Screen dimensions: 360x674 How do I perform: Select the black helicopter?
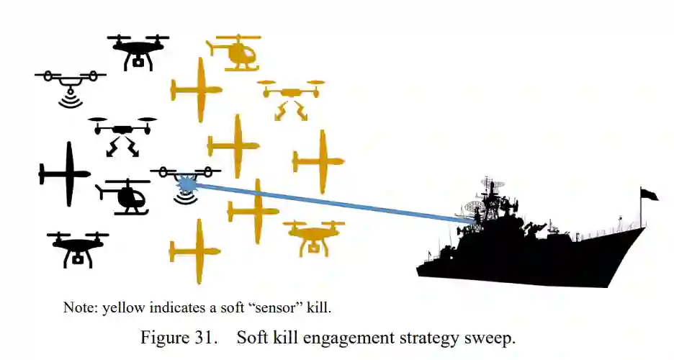pyautogui.click(x=125, y=197)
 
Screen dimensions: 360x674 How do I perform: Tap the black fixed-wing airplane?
pyautogui.click(x=66, y=174)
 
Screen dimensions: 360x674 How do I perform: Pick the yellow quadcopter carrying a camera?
pyautogui.click(x=314, y=237)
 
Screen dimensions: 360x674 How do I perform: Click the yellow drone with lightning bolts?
pyautogui.click(x=291, y=98)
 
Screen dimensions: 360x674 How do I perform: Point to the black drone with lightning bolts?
pyautogui.click(x=122, y=135)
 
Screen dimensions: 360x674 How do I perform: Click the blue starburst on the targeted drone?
pyautogui.click(x=187, y=184)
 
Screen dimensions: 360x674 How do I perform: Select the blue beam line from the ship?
pyautogui.click(x=324, y=201)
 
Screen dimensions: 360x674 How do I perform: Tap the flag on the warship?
pyautogui.click(x=649, y=194)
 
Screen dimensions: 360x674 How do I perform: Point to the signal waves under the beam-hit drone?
pyautogui.click(x=186, y=197)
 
